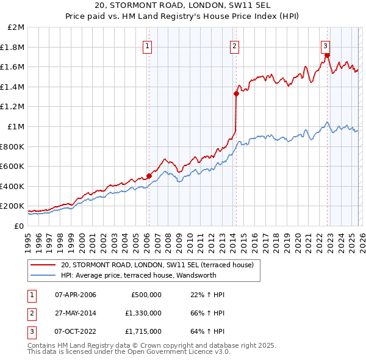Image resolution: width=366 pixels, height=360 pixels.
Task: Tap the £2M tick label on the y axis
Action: (16, 27)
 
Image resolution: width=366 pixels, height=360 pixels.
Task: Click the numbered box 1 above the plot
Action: (148, 45)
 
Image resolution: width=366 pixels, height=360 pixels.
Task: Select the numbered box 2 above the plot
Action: (235, 45)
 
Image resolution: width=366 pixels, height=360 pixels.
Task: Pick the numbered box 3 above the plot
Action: (326, 45)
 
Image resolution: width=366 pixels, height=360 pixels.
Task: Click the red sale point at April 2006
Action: (149, 176)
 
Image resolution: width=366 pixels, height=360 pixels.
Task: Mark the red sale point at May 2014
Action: (236, 93)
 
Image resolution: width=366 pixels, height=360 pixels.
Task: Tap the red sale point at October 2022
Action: (328, 56)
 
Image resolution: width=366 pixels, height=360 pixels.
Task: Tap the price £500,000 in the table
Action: (146, 295)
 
